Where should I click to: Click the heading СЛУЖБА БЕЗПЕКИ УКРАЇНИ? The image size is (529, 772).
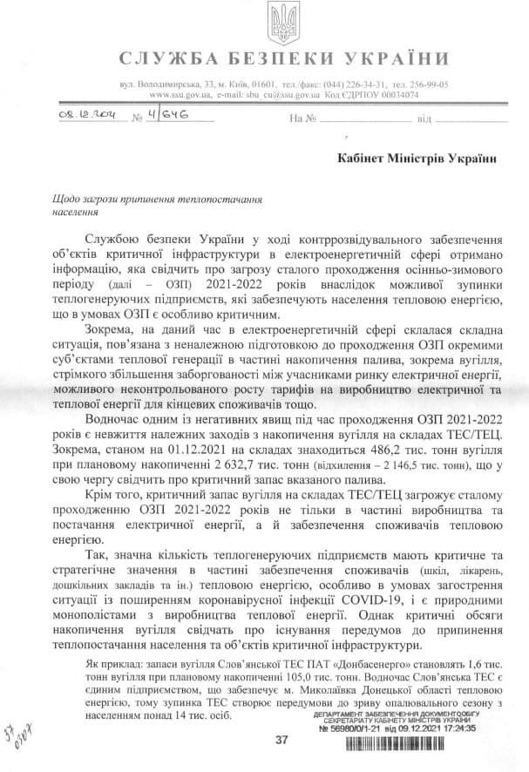pos(281,59)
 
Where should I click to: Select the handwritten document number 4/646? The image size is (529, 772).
pos(166,114)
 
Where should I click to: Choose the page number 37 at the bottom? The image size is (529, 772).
pos(281,741)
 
